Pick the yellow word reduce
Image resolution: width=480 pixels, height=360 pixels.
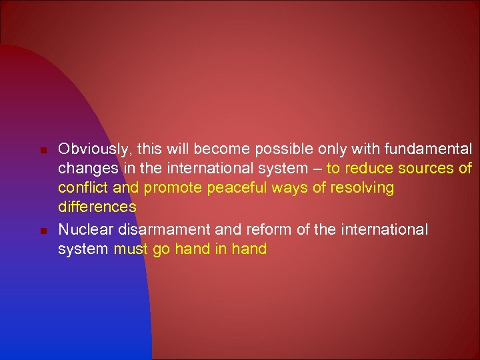click(x=367, y=168)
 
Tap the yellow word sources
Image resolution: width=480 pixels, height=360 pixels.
click(x=423, y=168)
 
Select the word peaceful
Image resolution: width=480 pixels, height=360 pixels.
click(x=235, y=188)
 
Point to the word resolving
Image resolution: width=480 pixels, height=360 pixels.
click(x=363, y=188)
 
